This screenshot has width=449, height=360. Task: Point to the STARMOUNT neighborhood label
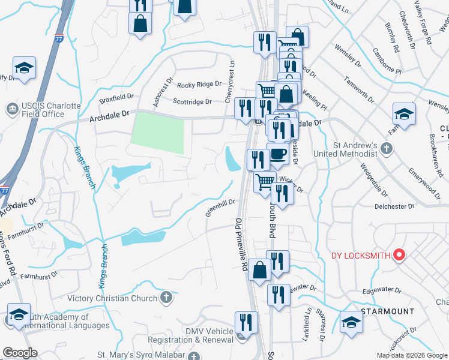387,311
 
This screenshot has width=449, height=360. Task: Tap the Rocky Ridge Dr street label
194,85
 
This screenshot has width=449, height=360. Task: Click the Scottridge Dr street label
192,102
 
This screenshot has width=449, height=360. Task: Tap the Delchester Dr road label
394,206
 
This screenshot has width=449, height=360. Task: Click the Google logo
20,353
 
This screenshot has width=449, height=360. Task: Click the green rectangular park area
157,133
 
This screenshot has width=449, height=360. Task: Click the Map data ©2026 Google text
411,355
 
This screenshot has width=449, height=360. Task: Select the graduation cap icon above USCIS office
24,68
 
